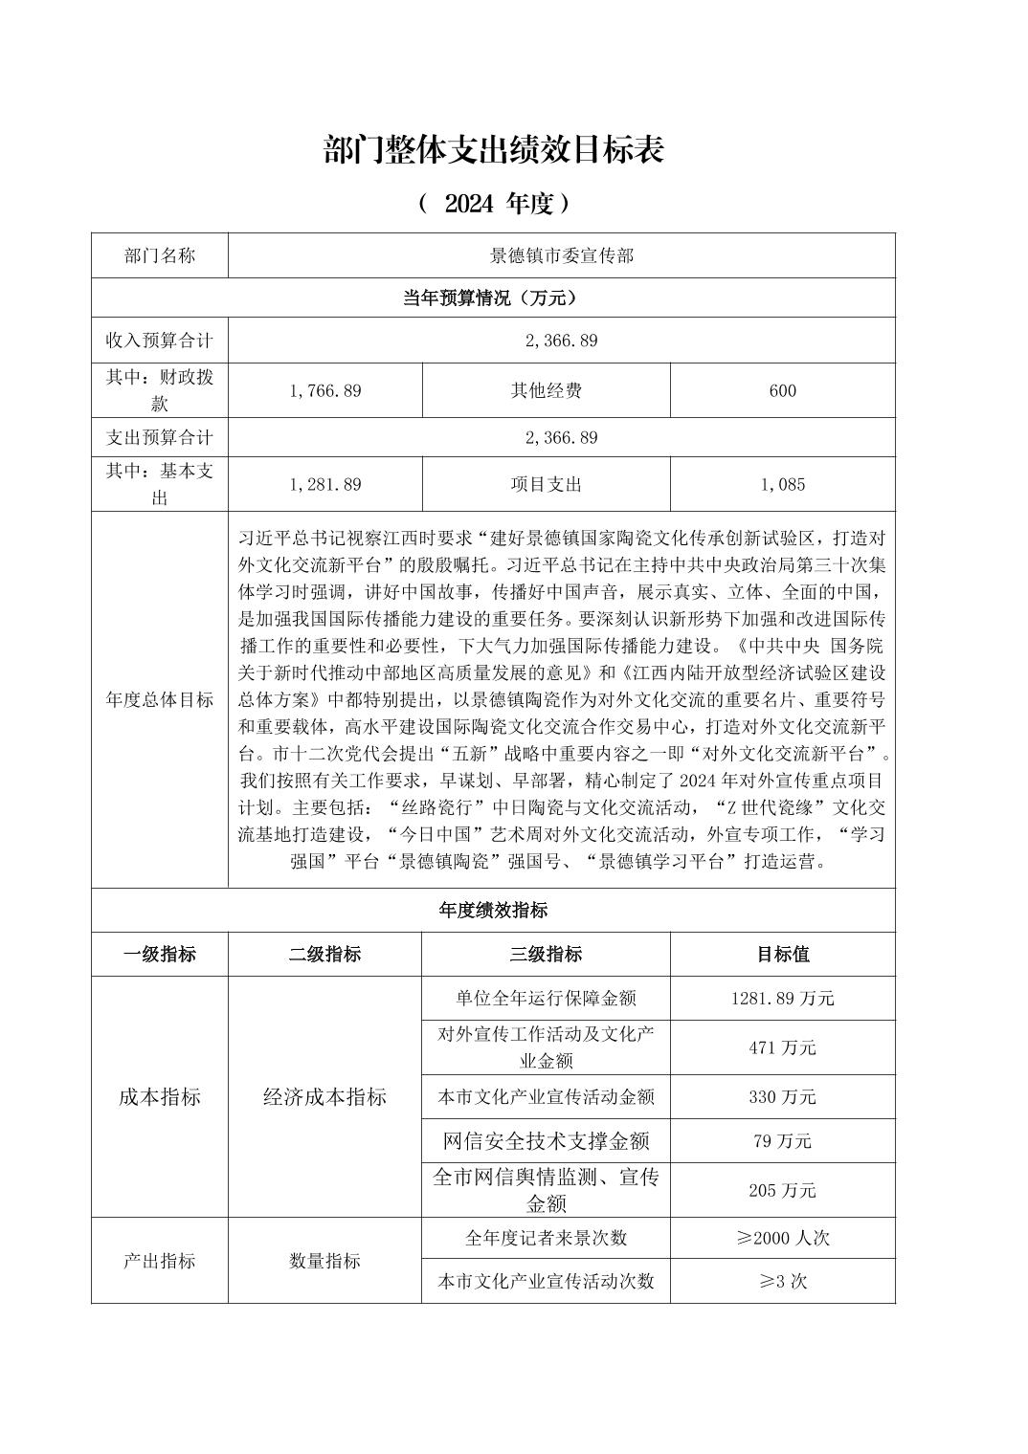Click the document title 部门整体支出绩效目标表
(494, 150)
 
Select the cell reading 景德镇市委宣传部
(562, 256)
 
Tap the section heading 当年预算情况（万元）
(493, 298)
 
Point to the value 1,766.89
(324, 390)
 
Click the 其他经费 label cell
(546, 390)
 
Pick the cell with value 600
(782, 390)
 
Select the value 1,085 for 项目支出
(782, 484)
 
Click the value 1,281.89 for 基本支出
(324, 484)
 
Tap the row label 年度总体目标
(160, 699)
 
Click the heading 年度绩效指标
(493, 910)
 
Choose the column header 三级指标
(546, 954)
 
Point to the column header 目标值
(782, 954)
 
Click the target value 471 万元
(782, 1047)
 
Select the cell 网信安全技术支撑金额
(546, 1141)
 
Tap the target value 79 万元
(782, 1141)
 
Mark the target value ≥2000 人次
(782, 1238)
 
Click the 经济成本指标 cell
(324, 1097)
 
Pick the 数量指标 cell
(324, 1261)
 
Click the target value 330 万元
(782, 1097)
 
